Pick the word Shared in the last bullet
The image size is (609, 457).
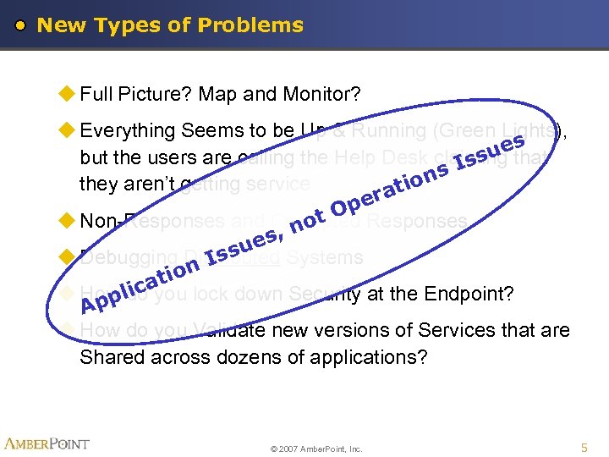[x=112, y=357]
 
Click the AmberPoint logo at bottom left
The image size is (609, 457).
[x=47, y=443]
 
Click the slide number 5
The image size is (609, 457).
[x=584, y=445]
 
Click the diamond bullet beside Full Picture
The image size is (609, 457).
[x=69, y=94]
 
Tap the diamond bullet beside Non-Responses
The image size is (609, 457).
[x=69, y=221]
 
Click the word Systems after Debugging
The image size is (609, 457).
[x=325, y=257]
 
